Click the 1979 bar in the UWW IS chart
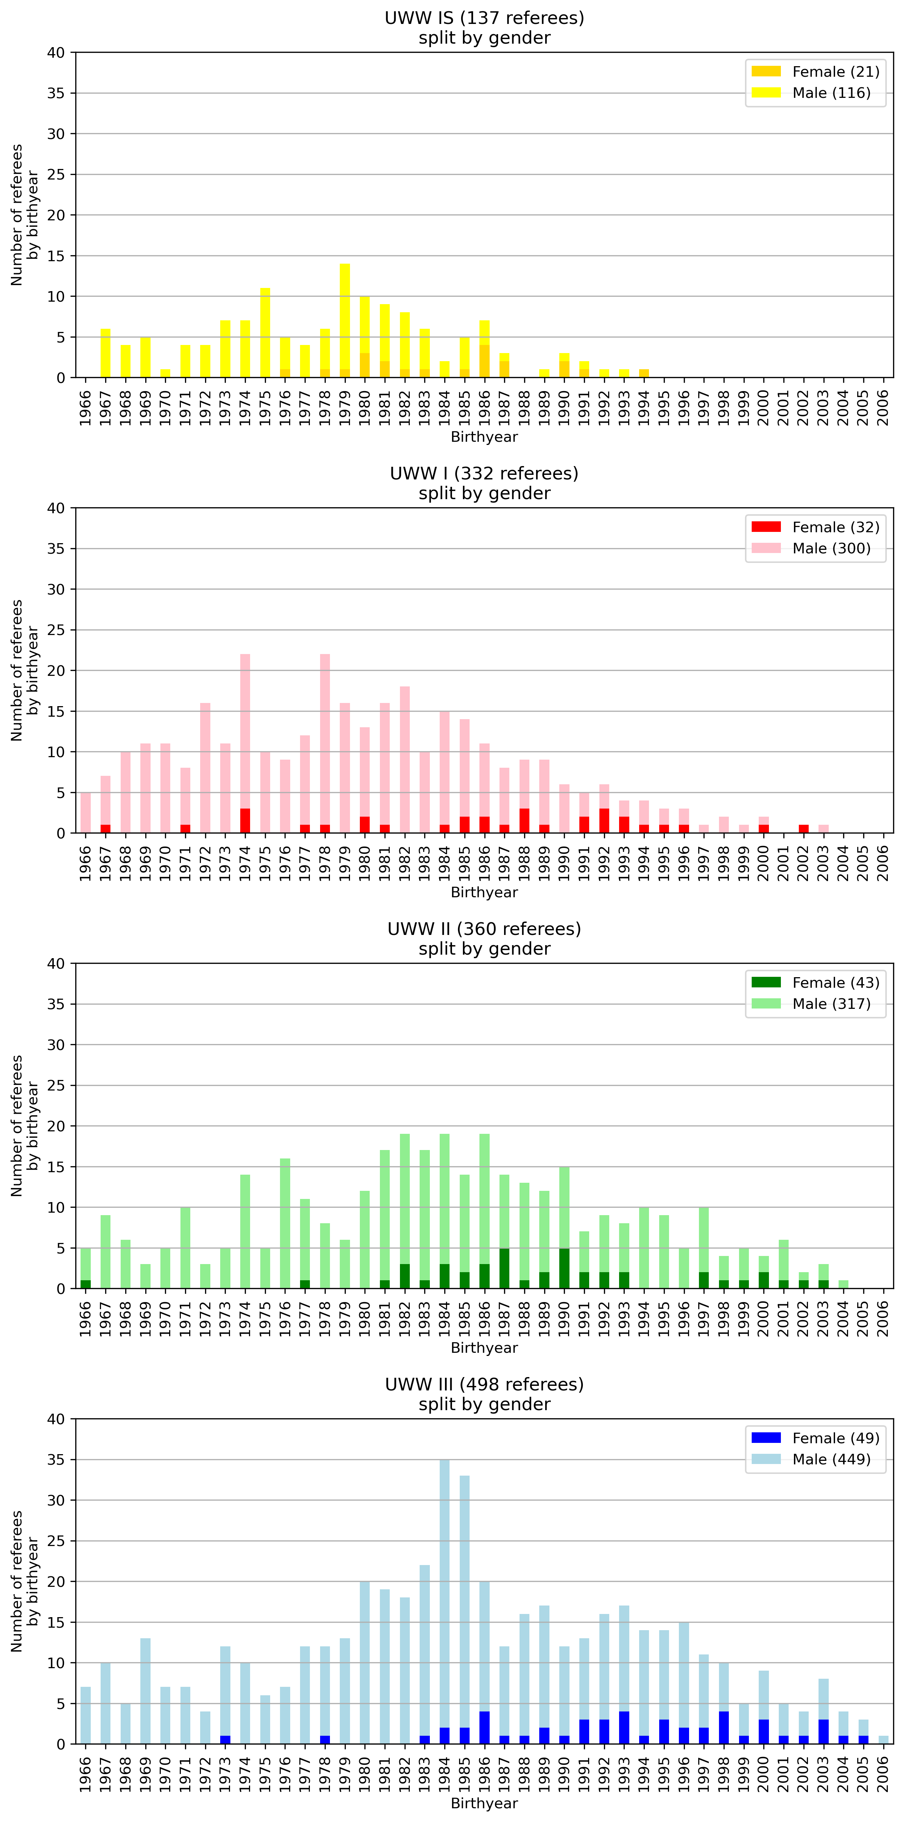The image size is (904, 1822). point(345,322)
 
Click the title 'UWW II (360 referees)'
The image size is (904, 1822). point(484,929)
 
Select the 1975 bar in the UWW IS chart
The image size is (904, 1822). point(265,332)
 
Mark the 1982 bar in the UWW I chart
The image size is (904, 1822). point(405,760)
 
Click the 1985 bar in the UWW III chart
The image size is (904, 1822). point(464,1613)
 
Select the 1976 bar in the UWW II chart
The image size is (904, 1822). point(285,1224)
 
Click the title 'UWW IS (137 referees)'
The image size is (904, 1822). point(484,18)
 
